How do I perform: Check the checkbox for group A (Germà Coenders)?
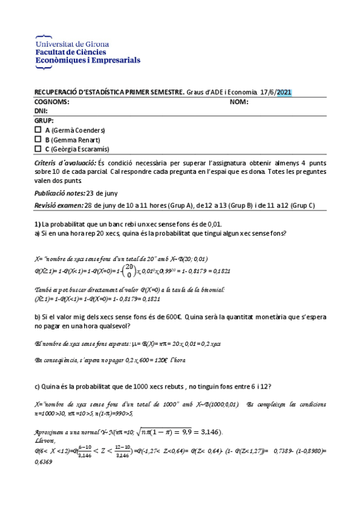38,130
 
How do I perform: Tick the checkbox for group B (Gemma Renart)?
38,140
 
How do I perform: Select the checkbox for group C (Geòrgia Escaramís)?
38,149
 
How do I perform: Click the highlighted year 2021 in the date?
284,91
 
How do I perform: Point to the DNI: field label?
41,111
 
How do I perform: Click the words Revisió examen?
58,206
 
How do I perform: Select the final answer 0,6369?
44,462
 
